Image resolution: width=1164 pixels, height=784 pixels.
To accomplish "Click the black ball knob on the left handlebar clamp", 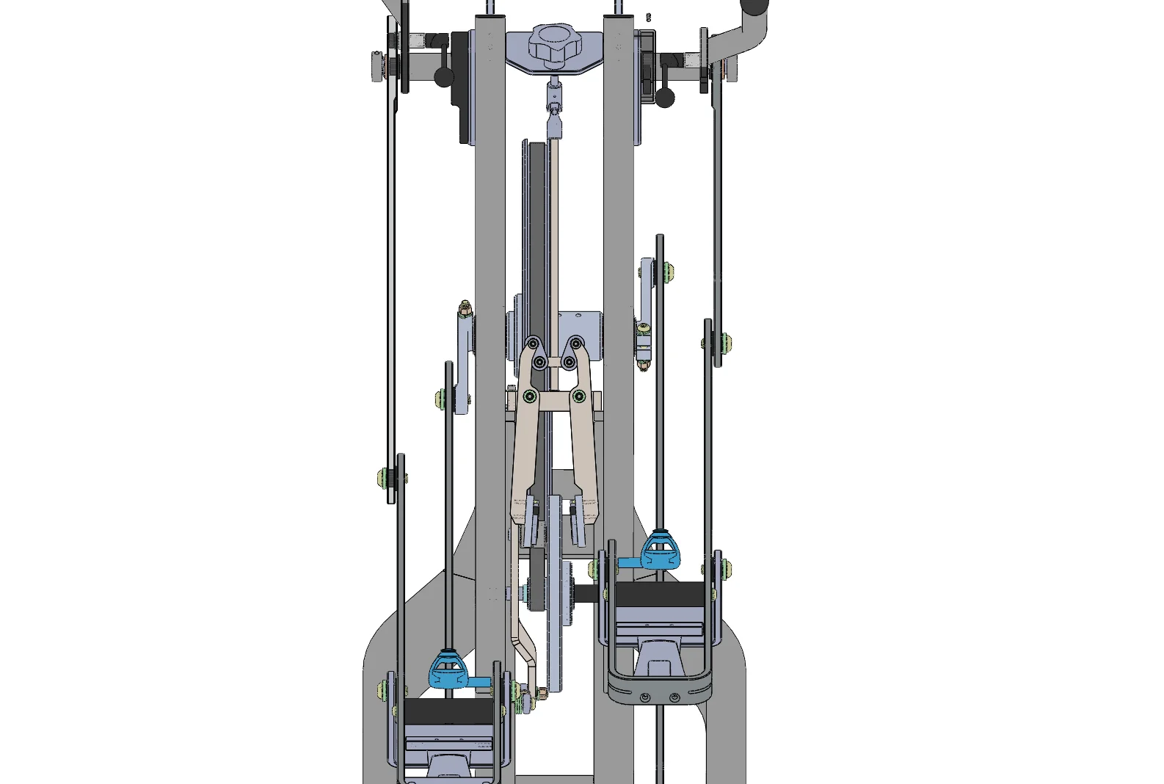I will (x=444, y=76).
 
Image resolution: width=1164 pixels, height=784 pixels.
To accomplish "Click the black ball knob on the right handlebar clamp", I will (x=665, y=97).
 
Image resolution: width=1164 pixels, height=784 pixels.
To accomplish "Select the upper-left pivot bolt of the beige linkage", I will (x=534, y=344).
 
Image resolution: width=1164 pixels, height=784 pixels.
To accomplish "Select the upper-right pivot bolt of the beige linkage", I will (x=576, y=344).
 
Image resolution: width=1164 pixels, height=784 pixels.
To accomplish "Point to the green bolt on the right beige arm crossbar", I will (x=579, y=397).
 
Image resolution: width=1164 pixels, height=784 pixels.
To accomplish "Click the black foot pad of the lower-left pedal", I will (x=449, y=710).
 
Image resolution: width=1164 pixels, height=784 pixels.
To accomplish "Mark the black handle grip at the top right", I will (x=754, y=7).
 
